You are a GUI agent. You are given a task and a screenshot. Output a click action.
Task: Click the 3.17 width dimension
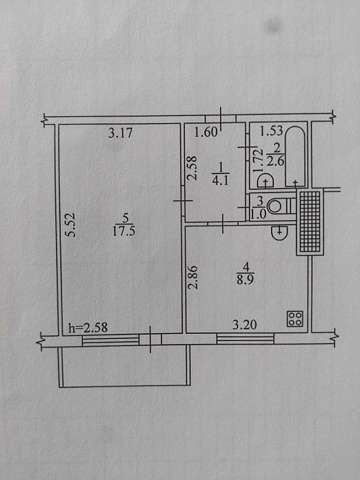[x=120, y=133]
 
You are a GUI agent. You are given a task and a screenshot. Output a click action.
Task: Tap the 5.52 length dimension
[x=71, y=225]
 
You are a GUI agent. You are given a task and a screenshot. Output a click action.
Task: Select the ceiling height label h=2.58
[x=88, y=328]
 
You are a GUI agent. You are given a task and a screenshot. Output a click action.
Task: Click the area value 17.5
[x=124, y=231]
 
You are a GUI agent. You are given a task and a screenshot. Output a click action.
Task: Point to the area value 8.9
[x=245, y=280]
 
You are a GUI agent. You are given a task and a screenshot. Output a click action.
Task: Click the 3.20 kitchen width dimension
[x=245, y=325]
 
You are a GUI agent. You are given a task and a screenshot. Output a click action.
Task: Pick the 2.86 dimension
[x=193, y=278]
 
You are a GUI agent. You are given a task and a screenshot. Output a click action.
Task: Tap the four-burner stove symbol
[x=295, y=319]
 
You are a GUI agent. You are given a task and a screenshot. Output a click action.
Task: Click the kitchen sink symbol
[x=280, y=233]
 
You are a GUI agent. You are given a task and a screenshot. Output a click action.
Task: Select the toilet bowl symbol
[x=277, y=206]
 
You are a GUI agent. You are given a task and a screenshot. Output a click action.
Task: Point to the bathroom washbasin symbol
[x=265, y=181]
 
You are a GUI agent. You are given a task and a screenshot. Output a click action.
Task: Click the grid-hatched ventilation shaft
[x=310, y=222]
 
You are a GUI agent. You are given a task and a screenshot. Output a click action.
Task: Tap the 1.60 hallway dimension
[x=207, y=133]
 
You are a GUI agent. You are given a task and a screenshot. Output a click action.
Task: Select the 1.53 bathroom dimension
[x=271, y=130]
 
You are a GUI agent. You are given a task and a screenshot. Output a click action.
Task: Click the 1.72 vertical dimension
[x=259, y=161]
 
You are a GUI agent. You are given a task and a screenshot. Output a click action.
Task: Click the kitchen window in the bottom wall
[x=245, y=339]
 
